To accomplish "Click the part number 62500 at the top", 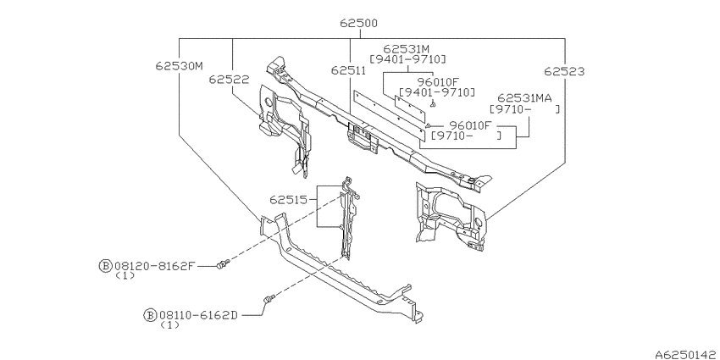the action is click(x=358, y=23).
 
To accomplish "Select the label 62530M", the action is click(x=179, y=66).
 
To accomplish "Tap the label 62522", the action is click(x=230, y=80).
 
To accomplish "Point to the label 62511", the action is click(x=348, y=70).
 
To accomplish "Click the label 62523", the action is click(x=564, y=71).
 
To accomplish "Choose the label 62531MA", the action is click(x=524, y=97).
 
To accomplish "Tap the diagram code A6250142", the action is click(x=687, y=354).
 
